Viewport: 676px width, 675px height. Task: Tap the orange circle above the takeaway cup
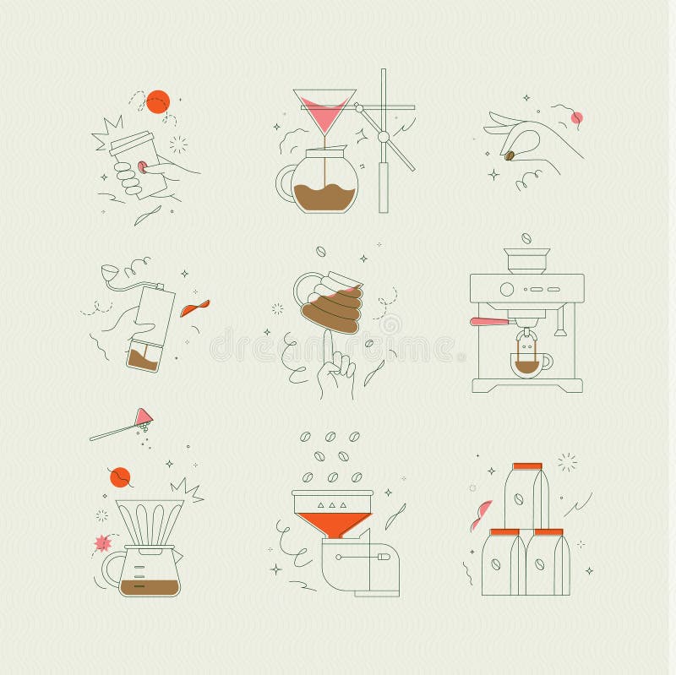[158, 102]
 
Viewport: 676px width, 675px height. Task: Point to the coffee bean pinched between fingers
[511, 155]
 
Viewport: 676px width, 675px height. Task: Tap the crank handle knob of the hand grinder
[106, 273]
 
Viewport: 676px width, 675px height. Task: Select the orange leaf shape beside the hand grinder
[194, 308]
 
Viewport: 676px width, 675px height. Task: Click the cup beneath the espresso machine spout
[529, 363]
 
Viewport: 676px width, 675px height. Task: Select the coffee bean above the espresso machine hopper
[526, 238]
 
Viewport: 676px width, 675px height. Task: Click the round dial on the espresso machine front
[507, 289]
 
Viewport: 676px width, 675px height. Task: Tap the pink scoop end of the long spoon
[145, 414]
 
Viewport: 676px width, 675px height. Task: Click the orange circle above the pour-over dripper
[120, 477]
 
